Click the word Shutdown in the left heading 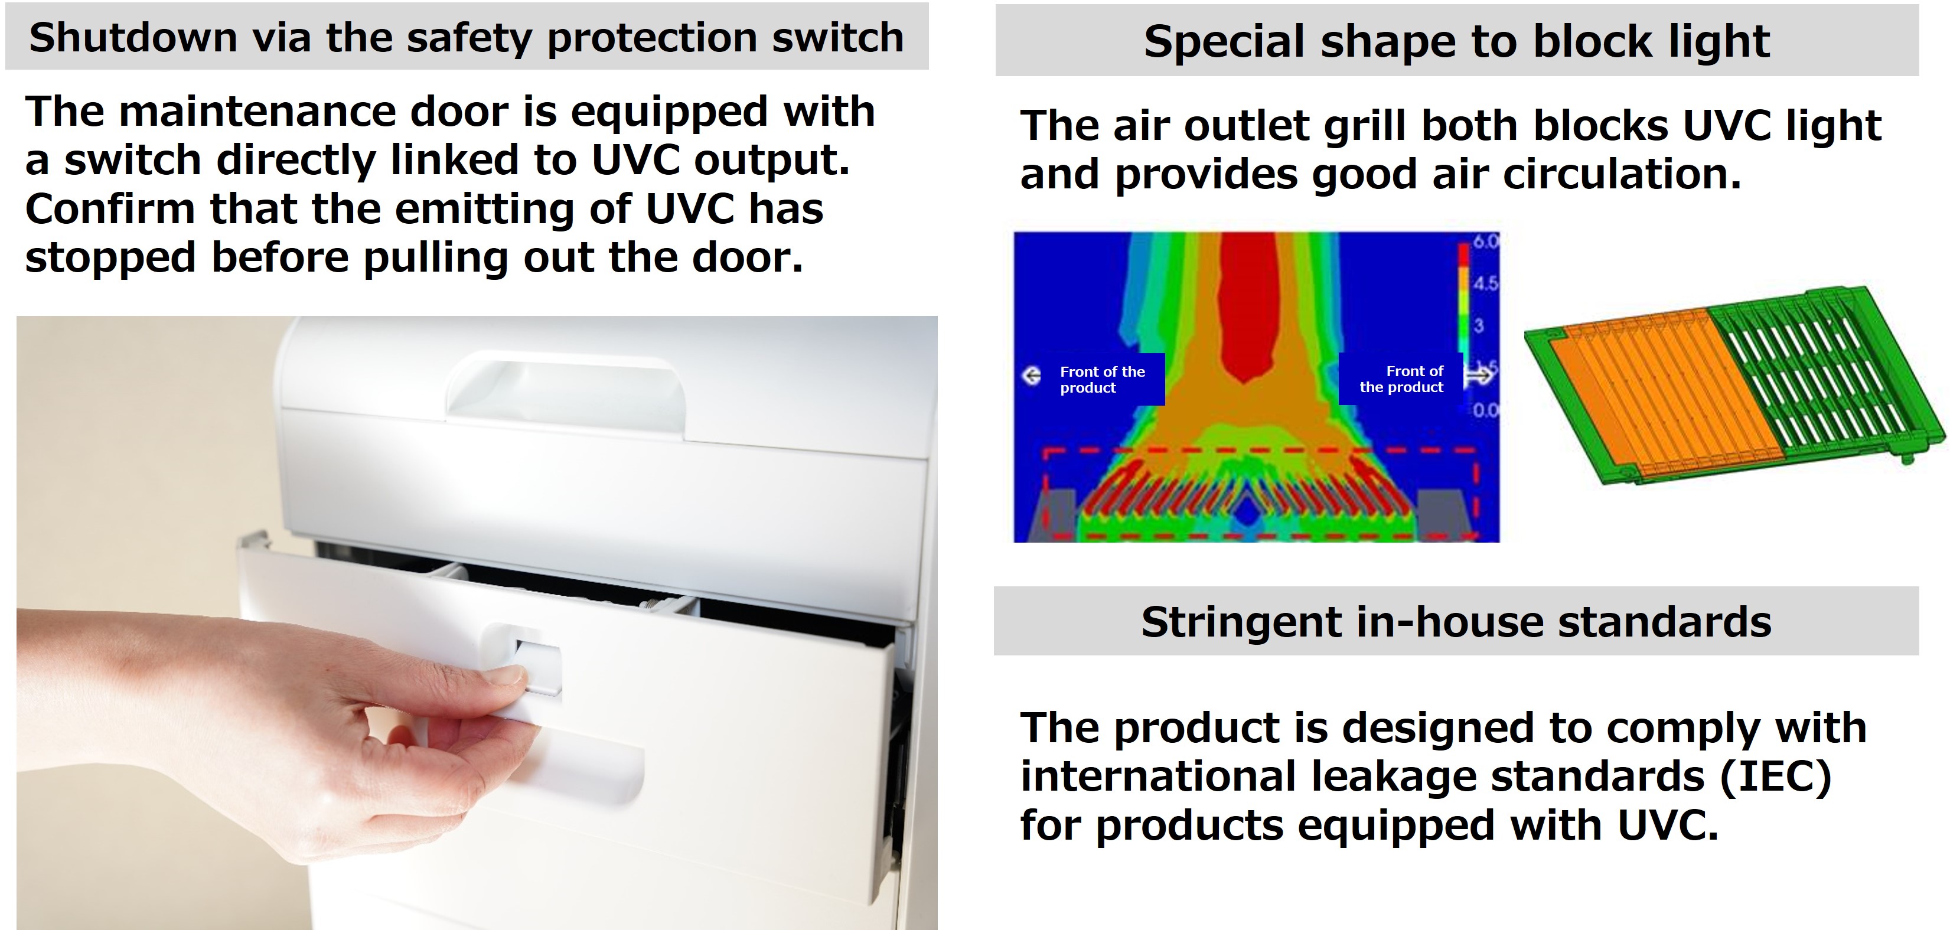coord(123,38)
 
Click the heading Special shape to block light coord(1456,41)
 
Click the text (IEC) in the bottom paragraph coord(1775,776)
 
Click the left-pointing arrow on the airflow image coord(1031,376)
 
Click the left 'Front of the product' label coord(1101,380)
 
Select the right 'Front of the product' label coord(1402,379)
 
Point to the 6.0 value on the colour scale coord(1486,242)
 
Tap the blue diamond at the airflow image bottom coord(1246,513)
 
